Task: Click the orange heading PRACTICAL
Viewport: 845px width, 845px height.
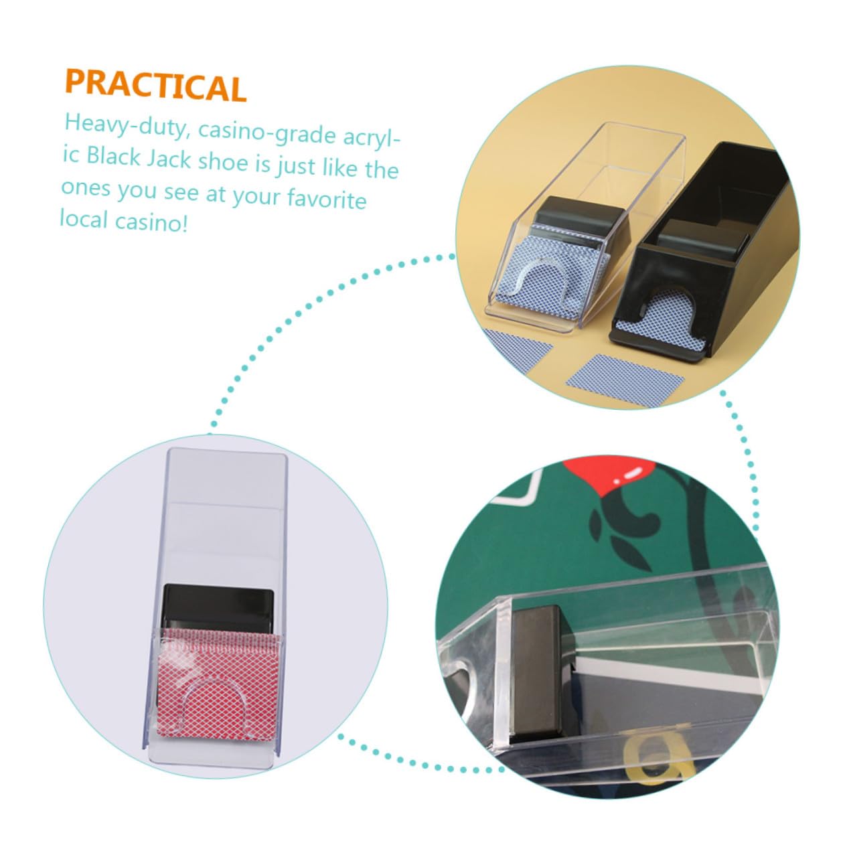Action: pos(155,86)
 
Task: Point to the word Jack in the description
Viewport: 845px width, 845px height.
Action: pos(168,158)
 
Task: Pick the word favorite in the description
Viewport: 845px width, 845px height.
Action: pos(327,199)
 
